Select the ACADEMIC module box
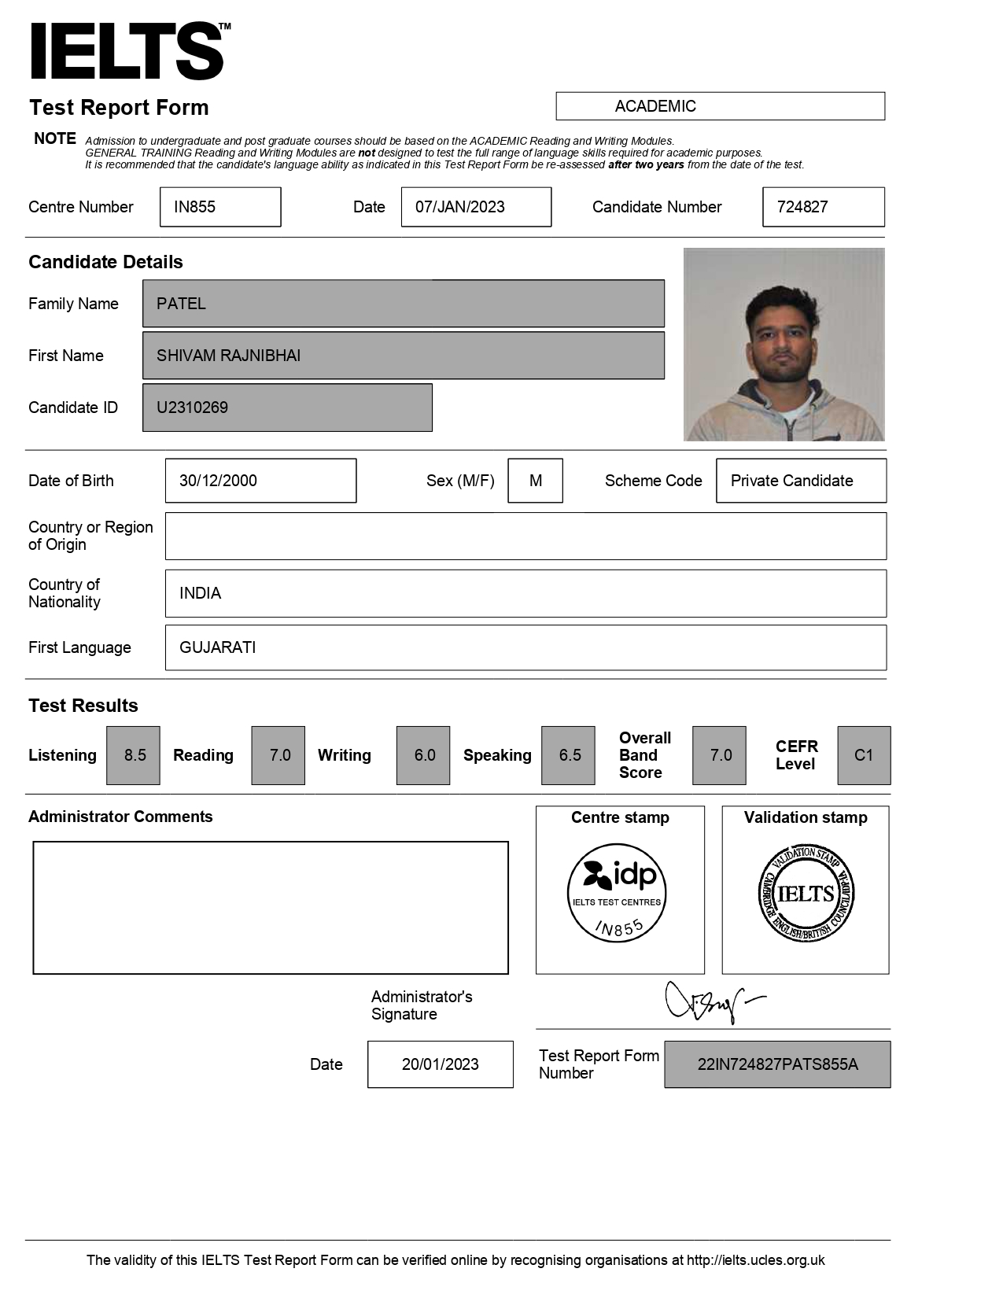pos(720,106)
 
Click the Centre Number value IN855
pos(220,207)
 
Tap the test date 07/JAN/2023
pos(476,207)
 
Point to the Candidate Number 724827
pos(823,207)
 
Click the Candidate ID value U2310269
pos(287,407)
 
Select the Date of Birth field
pos(260,481)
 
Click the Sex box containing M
pos(535,481)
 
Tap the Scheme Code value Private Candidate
pos(801,481)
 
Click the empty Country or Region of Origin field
pos(525,537)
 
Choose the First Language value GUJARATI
pos(525,647)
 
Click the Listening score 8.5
pos(134,755)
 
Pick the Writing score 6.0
pos(423,755)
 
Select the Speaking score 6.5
pos(568,755)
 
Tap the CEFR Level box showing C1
pos(864,755)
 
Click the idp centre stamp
pos(617,893)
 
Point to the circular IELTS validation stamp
pos(806,894)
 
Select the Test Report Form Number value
pos(777,1064)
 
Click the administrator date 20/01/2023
pos(440,1064)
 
